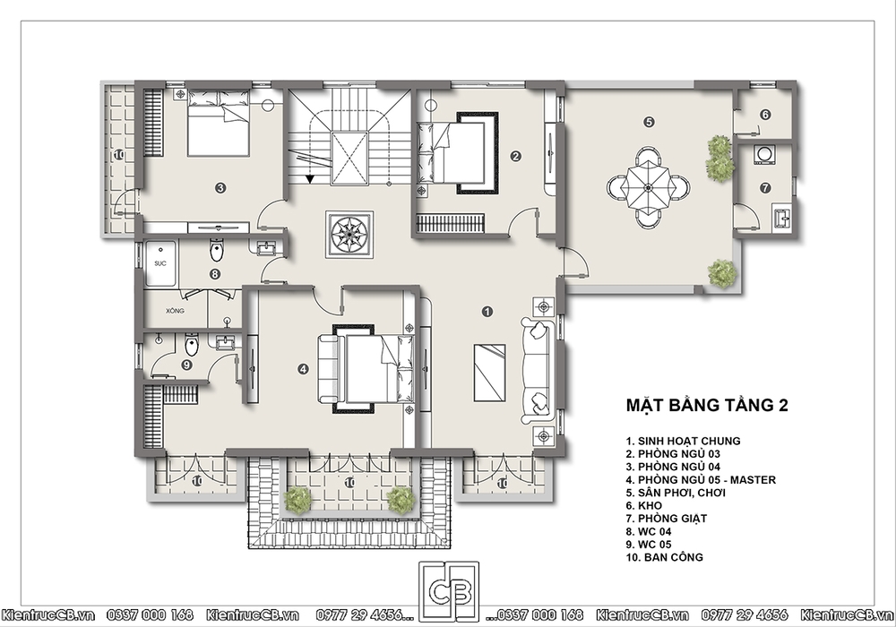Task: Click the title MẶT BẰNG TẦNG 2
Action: [707, 405]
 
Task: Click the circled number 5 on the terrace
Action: [649, 122]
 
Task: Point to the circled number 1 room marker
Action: [487, 312]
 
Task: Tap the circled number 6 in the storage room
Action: [766, 115]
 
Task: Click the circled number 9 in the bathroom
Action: [186, 365]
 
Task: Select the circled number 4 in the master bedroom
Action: [303, 369]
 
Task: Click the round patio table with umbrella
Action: [648, 187]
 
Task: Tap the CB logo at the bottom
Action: [449, 591]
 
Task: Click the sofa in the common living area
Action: [537, 373]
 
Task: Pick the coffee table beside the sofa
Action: [490, 373]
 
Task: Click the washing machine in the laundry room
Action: [764, 155]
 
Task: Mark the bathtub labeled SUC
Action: [160, 263]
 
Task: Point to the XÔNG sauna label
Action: [175, 311]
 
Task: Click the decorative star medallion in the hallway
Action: [349, 235]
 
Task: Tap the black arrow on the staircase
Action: [310, 179]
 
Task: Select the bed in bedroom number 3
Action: [219, 122]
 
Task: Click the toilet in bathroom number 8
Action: [216, 249]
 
